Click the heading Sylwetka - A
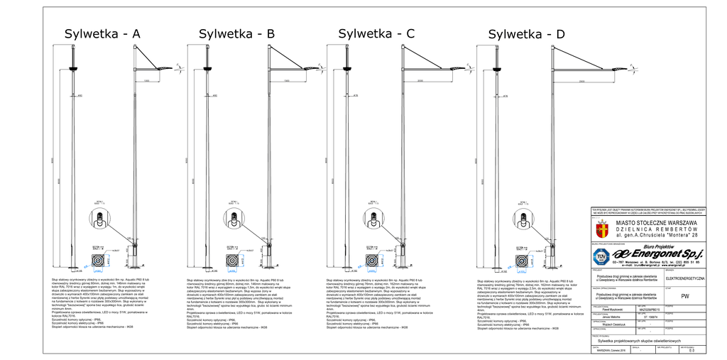102,33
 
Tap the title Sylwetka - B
236,33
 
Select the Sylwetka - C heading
376,33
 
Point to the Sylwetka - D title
527,34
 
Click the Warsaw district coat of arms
602,229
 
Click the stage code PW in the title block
684,296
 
